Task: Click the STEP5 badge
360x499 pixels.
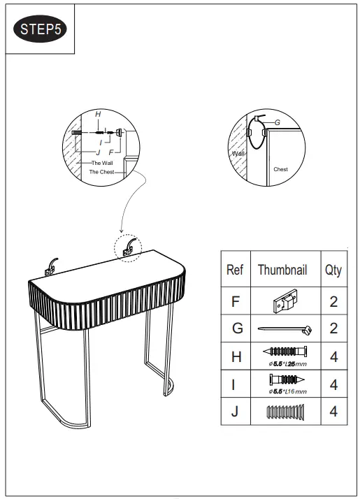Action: [41, 29]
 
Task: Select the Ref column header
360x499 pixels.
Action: [235, 270]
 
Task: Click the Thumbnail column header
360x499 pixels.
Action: [282, 270]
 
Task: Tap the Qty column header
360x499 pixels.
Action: [333, 270]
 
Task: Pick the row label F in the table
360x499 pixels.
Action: [235, 302]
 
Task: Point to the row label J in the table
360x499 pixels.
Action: [235, 412]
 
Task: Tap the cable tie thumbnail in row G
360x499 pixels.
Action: [282, 329]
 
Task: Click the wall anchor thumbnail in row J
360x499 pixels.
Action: [282, 412]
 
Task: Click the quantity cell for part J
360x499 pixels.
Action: [333, 412]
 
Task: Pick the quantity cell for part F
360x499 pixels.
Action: [333, 302]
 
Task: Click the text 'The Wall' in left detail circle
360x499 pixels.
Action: [101, 162]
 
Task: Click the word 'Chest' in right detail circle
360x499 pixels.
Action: [280, 169]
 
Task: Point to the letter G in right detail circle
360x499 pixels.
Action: [277, 122]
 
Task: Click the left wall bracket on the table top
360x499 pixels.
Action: [50, 264]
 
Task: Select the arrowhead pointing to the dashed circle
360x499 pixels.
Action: [121, 230]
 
